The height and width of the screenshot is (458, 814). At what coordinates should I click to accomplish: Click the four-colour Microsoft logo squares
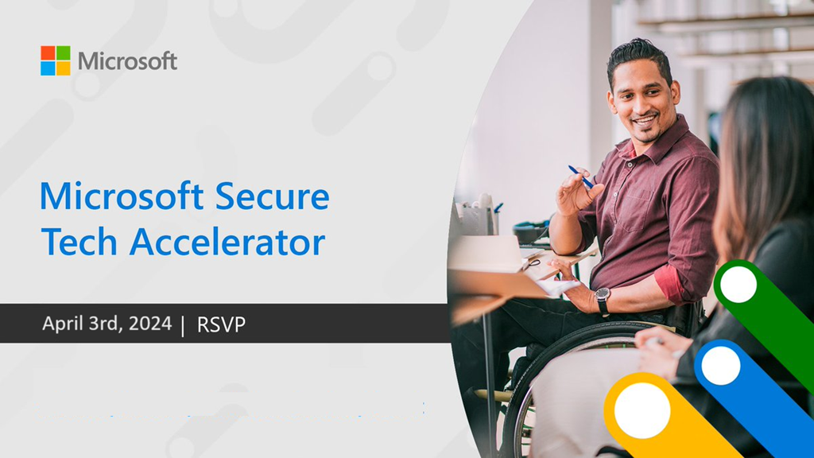pyautogui.click(x=56, y=60)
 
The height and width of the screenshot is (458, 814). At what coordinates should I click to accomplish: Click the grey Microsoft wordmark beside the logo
pyautogui.click(x=128, y=61)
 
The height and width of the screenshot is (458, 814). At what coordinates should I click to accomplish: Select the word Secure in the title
pyautogui.click(x=273, y=197)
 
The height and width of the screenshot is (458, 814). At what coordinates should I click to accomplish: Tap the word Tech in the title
pyautogui.click(x=79, y=242)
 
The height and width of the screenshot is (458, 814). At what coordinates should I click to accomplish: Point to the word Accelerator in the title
pyautogui.click(x=227, y=242)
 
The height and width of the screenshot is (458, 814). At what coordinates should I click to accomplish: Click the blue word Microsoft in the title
pyautogui.click(x=122, y=196)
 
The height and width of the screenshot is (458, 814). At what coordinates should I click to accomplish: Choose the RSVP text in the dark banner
pyautogui.click(x=221, y=324)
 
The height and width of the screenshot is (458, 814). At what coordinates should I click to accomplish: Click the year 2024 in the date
pyautogui.click(x=150, y=324)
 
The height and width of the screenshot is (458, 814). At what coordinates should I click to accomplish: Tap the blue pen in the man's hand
pyautogui.click(x=581, y=177)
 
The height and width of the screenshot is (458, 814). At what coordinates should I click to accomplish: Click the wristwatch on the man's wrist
pyautogui.click(x=603, y=300)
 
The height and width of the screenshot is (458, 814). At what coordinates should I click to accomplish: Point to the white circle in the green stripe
pyautogui.click(x=738, y=284)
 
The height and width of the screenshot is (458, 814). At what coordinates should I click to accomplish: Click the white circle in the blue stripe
pyautogui.click(x=720, y=366)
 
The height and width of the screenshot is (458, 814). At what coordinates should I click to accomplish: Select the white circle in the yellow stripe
pyautogui.click(x=642, y=410)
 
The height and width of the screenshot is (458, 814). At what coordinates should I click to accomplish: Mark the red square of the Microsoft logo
pyautogui.click(x=48, y=53)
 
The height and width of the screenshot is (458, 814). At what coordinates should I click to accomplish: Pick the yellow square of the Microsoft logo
pyautogui.click(x=64, y=68)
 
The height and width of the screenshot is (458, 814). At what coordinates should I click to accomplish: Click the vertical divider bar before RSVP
pyautogui.click(x=183, y=326)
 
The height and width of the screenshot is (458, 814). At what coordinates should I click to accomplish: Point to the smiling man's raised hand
pyautogui.click(x=577, y=192)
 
